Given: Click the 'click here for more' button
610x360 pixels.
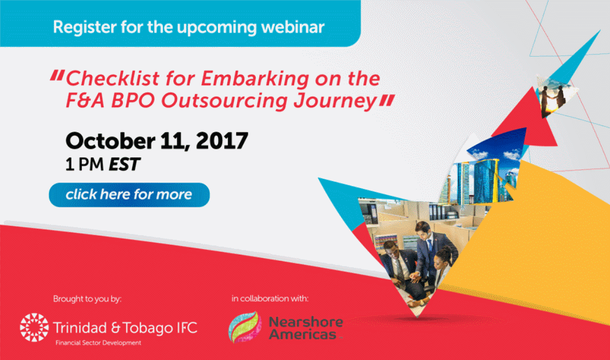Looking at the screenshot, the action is click(x=129, y=195).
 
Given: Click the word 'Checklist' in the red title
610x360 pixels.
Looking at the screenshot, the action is click(x=113, y=78).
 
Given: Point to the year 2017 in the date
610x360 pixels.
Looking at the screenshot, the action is click(x=222, y=141).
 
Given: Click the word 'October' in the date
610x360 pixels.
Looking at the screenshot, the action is click(x=110, y=141).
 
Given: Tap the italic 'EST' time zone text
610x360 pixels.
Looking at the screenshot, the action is click(x=124, y=165).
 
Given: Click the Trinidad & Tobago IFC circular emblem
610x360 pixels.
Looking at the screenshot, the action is click(x=34, y=327).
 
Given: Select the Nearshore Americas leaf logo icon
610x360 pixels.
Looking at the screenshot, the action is click(x=244, y=327).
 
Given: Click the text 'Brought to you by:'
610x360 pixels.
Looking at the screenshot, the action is click(x=87, y=299).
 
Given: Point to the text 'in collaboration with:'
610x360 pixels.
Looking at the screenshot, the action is click(x=270, y=299).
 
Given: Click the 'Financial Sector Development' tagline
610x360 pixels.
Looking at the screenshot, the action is click(x=98, y=343).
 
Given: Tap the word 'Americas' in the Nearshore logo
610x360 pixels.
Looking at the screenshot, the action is click(x=303, y=334).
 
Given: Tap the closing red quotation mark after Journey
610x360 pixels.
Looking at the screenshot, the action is click(x=387, y=100).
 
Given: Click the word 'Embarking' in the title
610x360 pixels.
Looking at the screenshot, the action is click(x=255, y=78).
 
